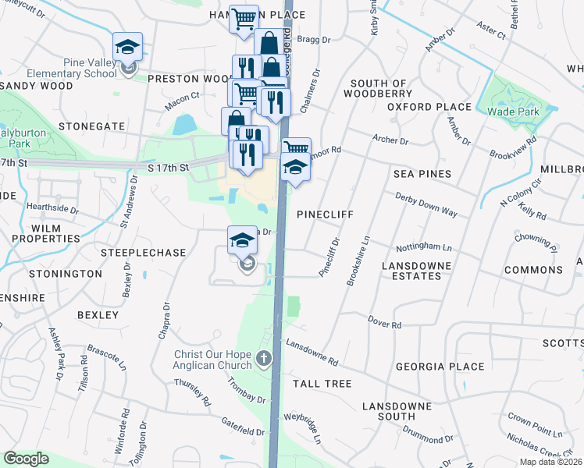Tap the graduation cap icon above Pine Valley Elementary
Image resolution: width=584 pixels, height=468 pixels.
[127, 46]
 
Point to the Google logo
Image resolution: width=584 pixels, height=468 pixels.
[26, 459]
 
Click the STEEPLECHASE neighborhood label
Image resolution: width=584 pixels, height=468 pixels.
[143, 253]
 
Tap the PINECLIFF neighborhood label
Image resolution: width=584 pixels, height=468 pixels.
[326, 214]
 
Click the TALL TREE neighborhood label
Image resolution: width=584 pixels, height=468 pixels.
[322, 384]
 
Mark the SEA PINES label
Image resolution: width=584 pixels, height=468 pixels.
[422, 174]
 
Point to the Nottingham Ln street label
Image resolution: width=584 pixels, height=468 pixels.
[425, 247]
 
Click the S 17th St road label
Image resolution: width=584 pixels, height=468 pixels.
[168, 168]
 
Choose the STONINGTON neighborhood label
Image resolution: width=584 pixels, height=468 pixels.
[65, 274]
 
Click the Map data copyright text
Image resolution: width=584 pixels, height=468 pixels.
[550, 462]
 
